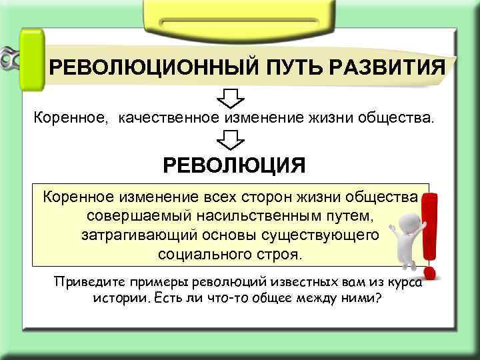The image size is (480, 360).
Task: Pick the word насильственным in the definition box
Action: [276, 217]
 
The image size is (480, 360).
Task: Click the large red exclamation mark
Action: [429, 233]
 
